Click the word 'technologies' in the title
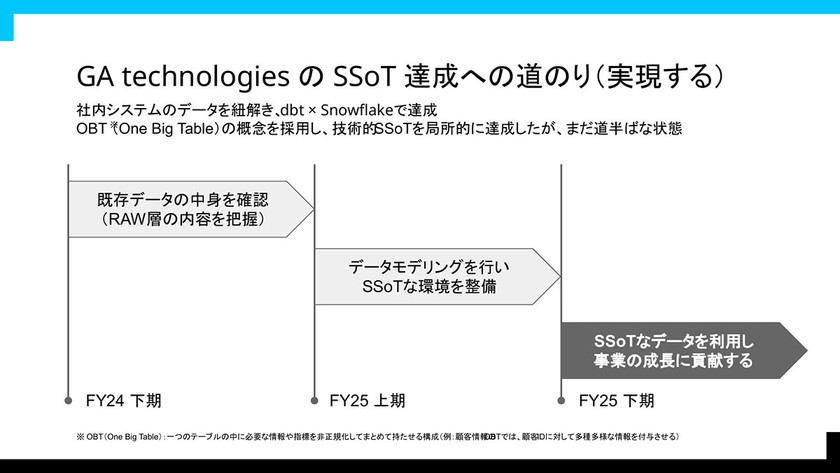tap(206, 77)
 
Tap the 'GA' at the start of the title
tap(95, 77)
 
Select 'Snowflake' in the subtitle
tap(357, 110)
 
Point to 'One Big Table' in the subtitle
tap(167, 129)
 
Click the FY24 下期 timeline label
tap(123, 401)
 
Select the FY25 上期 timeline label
tap(367, 401)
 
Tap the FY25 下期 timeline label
tap(616, 401)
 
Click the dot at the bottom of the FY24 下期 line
tap(68, 401)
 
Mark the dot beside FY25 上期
tap(314, 401)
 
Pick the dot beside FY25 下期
tap(561, 401)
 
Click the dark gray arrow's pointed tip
tap(807, 350)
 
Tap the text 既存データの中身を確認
tap(183, 200)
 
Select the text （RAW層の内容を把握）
tap(183, 219)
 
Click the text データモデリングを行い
tap(429, 267)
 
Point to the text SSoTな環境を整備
tap(429, 287)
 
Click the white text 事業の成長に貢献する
tap(673, 361)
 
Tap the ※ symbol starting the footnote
tap(80, 437)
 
